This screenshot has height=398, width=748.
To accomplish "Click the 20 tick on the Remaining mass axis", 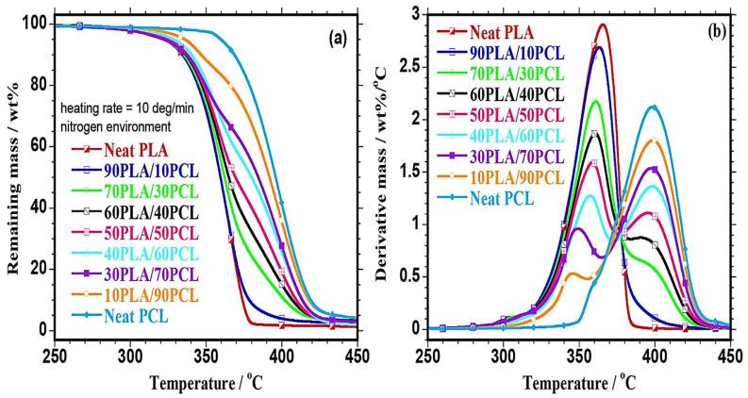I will tap(39, 269).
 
